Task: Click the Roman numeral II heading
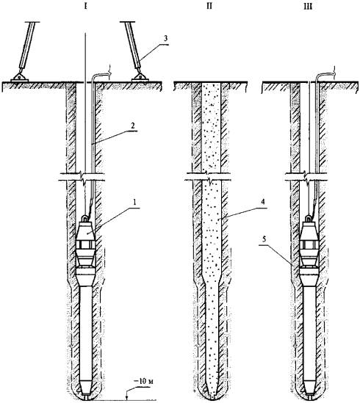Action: (209, 6)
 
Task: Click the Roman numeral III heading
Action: (308, 7)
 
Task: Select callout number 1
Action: (134, 202)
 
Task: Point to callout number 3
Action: (165, 39)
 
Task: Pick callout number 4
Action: (262, 202)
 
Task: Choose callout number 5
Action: (265, 239)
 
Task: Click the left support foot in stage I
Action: (19, 78)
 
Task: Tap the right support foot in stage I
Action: (140, 78)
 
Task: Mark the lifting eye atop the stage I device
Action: (85, 219)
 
